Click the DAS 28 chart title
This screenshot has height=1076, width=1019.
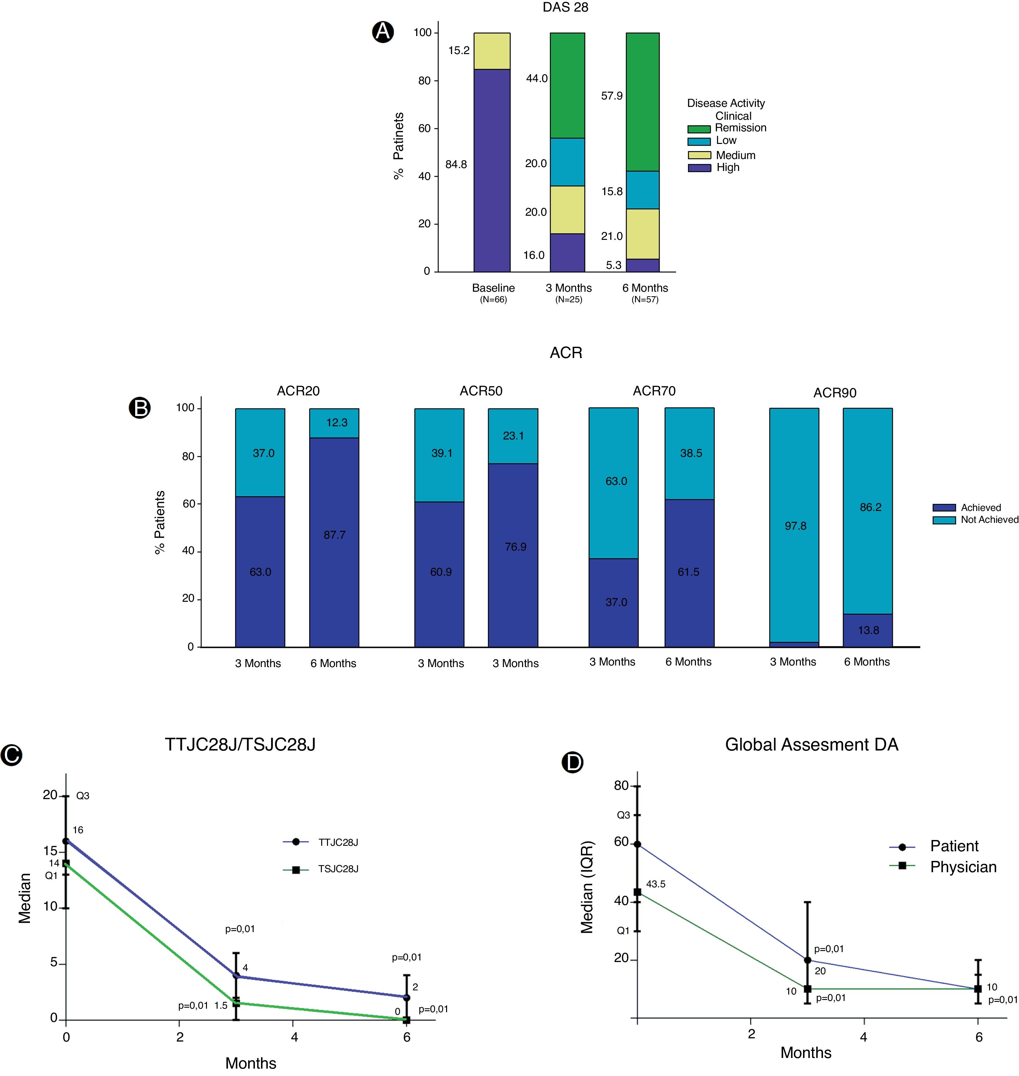point(566,8)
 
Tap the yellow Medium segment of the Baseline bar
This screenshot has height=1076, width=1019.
point(491,51)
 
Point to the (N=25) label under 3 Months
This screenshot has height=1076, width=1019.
point(569,299)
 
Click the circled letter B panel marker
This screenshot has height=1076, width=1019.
point(140,408)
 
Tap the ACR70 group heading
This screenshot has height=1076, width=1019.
point(654,391)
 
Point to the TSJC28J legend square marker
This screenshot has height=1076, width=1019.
point(296,870)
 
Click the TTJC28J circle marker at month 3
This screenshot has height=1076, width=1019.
point(236,976)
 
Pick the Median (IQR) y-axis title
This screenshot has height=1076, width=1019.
point(587,887)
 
